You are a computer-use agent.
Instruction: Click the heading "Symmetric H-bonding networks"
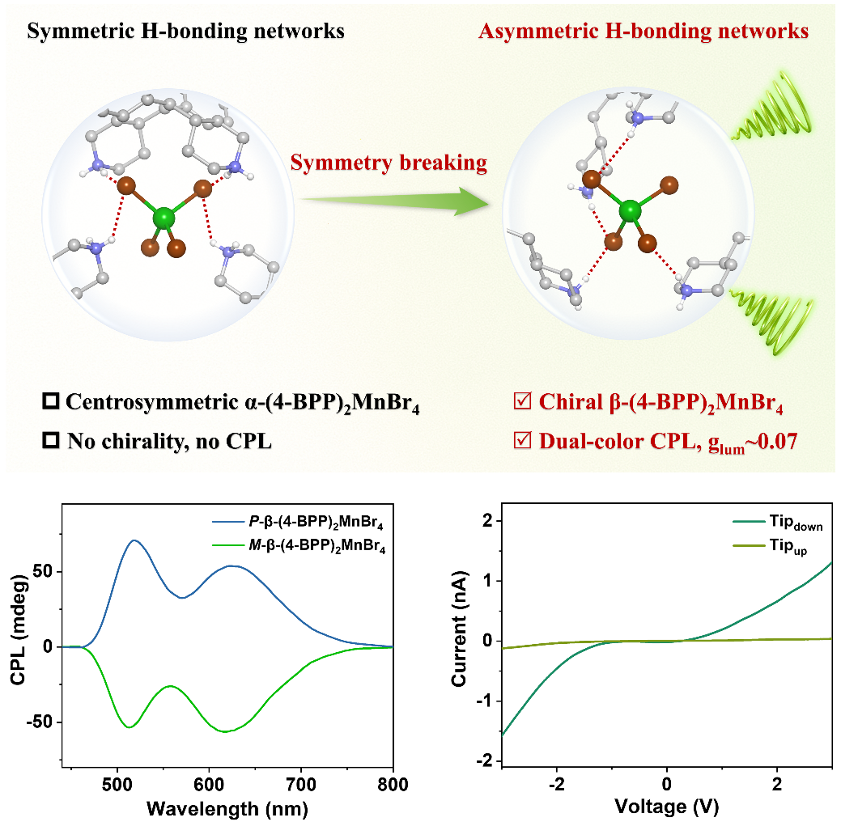coord(185,31)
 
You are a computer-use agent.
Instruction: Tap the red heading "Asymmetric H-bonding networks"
coord(643,31)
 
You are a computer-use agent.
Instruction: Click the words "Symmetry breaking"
coord(389,163)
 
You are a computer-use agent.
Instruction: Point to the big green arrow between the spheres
coord(395,201)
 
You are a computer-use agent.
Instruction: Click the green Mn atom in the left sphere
coord(164,218)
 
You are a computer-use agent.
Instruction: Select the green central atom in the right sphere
coord(630,211)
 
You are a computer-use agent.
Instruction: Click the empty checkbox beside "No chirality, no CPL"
coord(51,441)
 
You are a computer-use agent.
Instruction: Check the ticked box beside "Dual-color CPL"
coord(522,440)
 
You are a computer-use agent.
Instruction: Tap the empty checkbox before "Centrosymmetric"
coord(51,401)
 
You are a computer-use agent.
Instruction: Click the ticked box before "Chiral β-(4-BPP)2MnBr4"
coord(522,400)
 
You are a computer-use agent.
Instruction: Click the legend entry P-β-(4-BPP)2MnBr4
coord(298,522)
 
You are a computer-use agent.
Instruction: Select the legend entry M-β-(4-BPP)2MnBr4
coord(298,545)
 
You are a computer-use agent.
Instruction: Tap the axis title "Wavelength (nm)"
coord(227,808)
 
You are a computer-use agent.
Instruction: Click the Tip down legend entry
coord(778,522)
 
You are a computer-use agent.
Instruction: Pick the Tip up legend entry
coord(770,546)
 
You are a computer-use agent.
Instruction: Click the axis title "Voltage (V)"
coord(667,806)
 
